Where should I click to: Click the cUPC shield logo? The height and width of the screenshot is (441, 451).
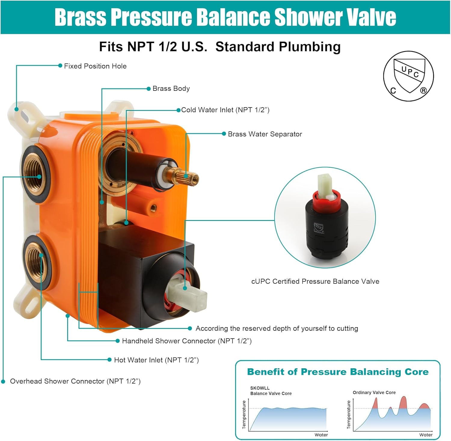coord(409,76)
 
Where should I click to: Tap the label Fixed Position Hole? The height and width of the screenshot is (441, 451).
coord(95,66)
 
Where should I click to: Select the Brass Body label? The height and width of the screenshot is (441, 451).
coord(171,88)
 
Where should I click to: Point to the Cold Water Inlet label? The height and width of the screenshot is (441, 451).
coord(225,110)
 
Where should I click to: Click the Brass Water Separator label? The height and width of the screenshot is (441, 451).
coord(265,134)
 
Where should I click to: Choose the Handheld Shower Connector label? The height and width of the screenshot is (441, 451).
coord(187,341)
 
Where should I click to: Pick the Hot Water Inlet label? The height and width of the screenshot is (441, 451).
coord(156,360)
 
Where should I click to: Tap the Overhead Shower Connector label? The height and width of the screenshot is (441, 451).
coord(75,381)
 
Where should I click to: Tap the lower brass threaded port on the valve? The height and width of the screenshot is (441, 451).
coord(37,262)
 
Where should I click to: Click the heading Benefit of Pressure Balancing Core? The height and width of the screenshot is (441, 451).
coord(338,372)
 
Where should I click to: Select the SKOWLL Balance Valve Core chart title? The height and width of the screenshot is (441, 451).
coord(271,391)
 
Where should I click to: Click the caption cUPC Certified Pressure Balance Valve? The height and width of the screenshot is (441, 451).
coord(315,281)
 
